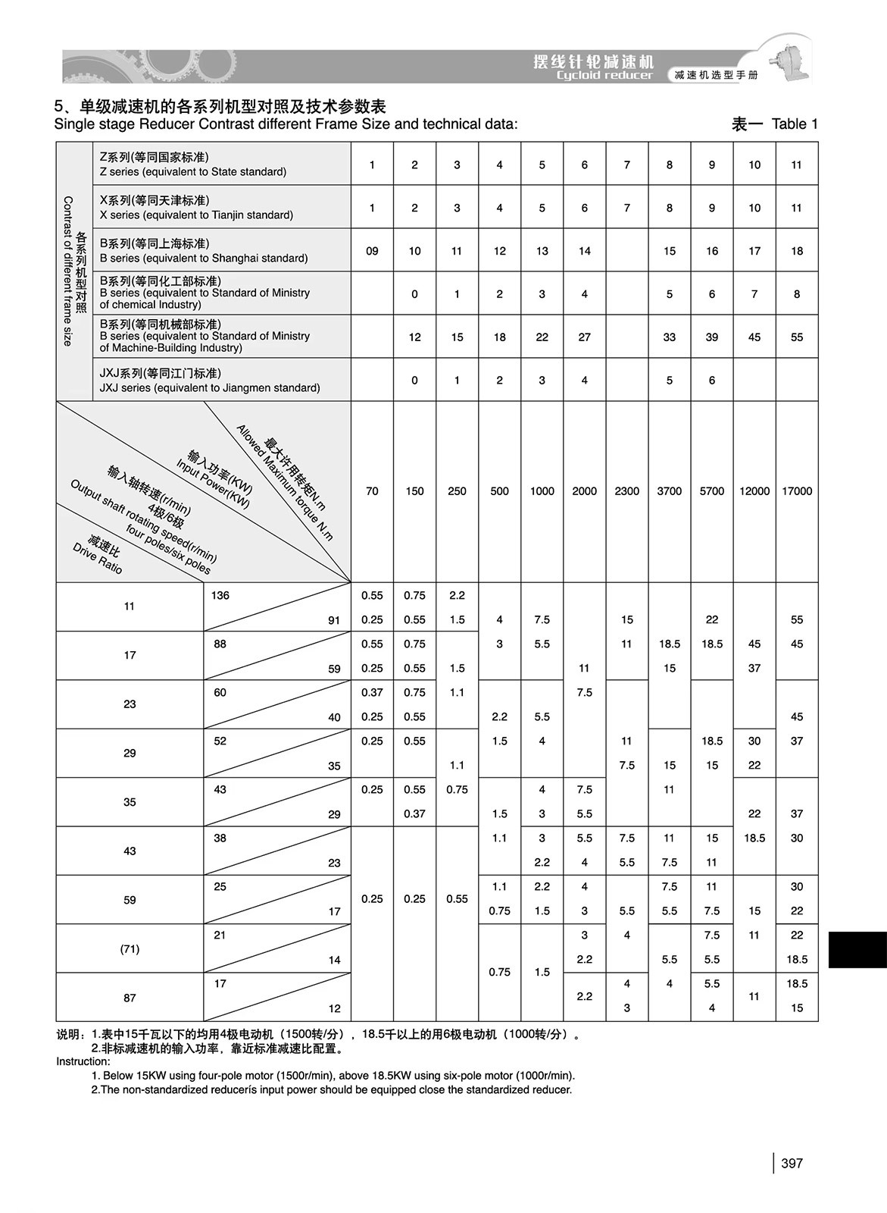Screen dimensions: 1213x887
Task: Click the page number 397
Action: click(x=792, y=1163)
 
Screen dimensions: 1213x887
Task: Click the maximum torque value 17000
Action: click(x=796, y=491)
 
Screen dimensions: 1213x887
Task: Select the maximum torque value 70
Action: click(x=372, y=491)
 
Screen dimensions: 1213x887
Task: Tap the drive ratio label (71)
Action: click(x=130, y=948)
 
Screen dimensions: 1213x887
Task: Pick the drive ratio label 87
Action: click(x=130, y=997)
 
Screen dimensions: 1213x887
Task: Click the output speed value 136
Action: click(x=220, y=595)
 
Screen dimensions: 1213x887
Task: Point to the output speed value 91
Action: click(x=334, y=620)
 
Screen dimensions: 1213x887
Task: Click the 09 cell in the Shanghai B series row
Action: click(x=372, y=251)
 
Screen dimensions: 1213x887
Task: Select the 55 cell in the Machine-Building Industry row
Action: click(x=796, y=337)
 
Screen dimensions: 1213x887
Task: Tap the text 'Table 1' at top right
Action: click(x=794, y=124)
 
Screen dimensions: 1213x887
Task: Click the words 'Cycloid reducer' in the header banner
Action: click(x=604, y=75)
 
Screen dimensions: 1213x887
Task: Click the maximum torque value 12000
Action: click(x=754, y=491)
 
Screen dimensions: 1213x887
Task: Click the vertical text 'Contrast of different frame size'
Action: click(x=67, y=271)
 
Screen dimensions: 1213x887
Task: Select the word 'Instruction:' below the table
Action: click(x=83, y=1061)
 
